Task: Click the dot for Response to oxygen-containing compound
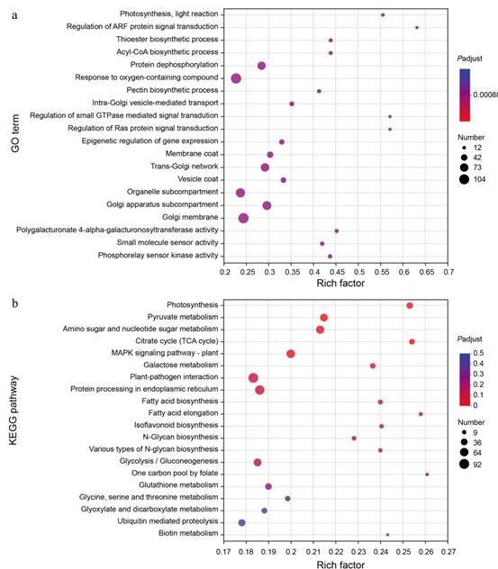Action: pyautogui.click(x=236, y=78)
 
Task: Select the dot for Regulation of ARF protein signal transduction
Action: pyautogui.click(x=417, y=28)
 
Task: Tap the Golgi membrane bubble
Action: pyautogui.click(x=243, y=218)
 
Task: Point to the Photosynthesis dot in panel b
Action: pyautogui.click(x=410, y=305)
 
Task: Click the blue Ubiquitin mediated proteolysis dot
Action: pyautogui.click(x=241, y=522)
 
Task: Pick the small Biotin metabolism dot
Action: pyautogui.click(x=387, y=535)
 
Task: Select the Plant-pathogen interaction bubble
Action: pyautogui.click(x=253, y=378)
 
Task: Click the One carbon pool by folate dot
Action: pyautogui.click(x=427, y=474)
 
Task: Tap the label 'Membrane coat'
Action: pyautogui.click(x=192, y=153)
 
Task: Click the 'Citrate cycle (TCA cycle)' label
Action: pyautogui.click(x=177, y=340)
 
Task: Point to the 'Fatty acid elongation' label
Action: pyautogui.click(x=183, y=413)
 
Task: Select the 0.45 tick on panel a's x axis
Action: pyautogui.click(x=336, y=272)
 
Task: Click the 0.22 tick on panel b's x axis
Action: pyautogui.click(x=336, y=552)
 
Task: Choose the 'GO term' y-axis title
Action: pyautogui.click(x=15, y=133)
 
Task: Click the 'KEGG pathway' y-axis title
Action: pyautogui.click(x=14, y=411)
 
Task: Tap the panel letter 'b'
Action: pyautogui.click(x=15, y=303)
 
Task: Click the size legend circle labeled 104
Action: pyautogui.click(x=464, y=179)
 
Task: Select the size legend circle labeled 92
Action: pyautogui.click(x=464, y=464)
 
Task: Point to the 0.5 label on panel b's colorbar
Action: pyautogui.click(x=478, y=353)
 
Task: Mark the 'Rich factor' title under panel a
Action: pyautogui.click(x=340, y=283)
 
